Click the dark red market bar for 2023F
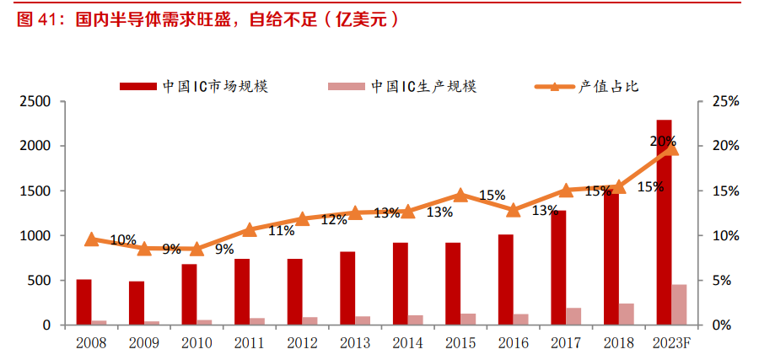click(664, 222)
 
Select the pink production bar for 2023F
click(679, 304)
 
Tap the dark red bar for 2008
click(83, 302)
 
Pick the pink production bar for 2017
click(573, 316)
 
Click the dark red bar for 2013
click(347, 287)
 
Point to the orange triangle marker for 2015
click(460, 195)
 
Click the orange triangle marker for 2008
click(91, 239)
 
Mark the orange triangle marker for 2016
click(514, 211)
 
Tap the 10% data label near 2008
click(123, 239)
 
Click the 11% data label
click(281, 231)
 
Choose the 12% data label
click(334, 220)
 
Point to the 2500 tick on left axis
click(35, 102)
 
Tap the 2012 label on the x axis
click(302, 343)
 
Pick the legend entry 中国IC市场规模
click(194, 86)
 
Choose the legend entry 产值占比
click(587, 86)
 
